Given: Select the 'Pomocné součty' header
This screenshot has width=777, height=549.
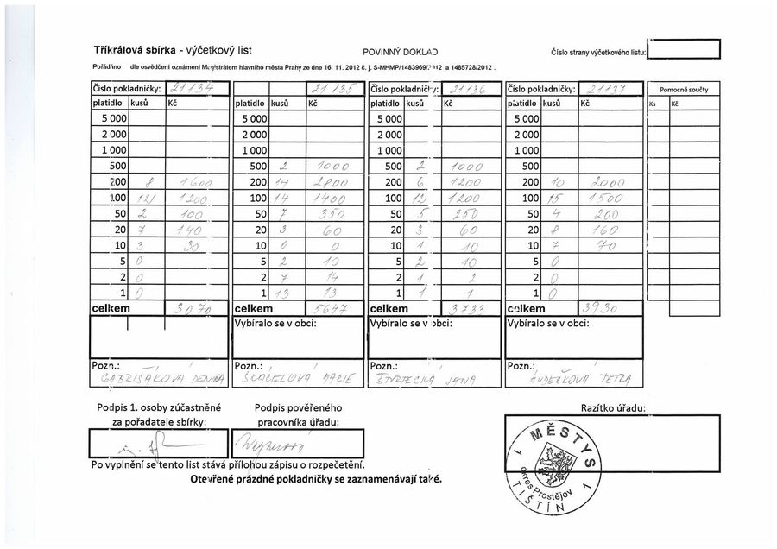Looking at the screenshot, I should pos(684,89).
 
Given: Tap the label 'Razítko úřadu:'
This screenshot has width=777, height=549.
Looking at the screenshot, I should pos(613,407).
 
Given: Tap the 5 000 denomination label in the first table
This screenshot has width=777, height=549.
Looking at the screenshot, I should pos(114,118).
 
